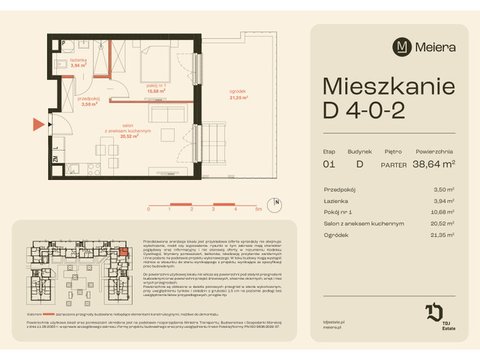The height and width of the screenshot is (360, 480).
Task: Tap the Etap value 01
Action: tap(328, 163)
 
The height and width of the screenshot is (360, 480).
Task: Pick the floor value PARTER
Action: tap(394, 163)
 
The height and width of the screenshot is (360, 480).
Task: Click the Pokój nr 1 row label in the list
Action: tap(340, 213)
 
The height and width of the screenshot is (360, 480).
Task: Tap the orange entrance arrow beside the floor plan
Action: tap(37, 124)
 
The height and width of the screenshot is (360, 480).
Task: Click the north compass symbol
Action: tap(276, 201)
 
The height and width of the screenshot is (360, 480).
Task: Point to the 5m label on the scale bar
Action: tap(257, 211)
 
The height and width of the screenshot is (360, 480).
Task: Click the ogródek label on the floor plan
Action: tap(239, 93)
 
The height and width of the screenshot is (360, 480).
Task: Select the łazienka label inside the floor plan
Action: tap(79, 60)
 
